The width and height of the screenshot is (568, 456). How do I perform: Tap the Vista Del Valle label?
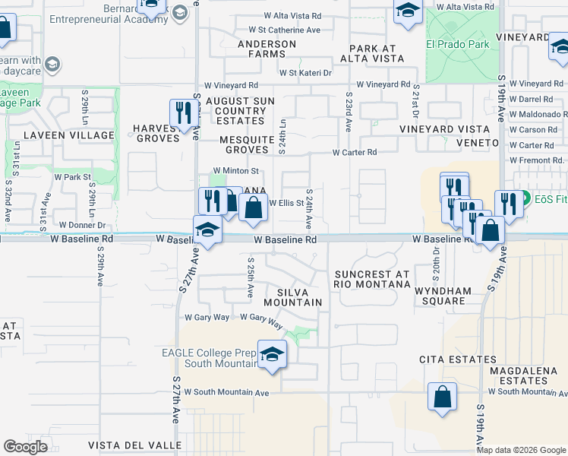click(134, 445)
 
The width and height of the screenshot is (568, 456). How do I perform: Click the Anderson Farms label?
click(267, 49)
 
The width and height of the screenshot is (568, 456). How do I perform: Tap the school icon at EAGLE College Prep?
click(271, 355)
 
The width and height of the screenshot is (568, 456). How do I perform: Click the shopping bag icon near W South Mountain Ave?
click(441, 396)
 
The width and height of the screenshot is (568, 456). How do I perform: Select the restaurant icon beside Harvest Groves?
click(183, 114)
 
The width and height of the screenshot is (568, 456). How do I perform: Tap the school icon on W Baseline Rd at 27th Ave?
click(207, 230)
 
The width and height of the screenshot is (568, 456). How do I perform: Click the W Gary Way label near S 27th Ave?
click(207, 317)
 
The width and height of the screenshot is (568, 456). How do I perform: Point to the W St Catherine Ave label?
click(278, 30)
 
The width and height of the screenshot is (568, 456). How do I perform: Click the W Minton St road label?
click(236, 171)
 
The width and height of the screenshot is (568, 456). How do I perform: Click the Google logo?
click(25, 447)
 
